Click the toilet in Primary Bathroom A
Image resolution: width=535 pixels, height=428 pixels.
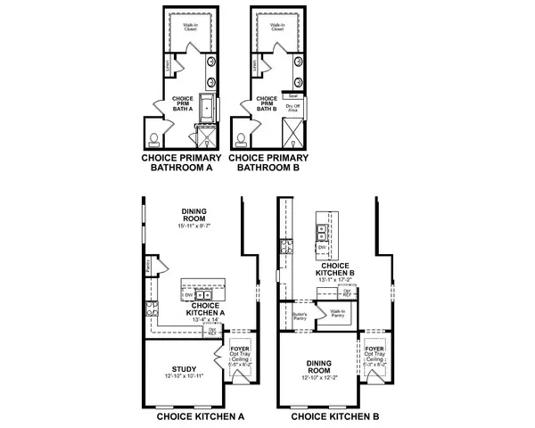(x=154, y=138)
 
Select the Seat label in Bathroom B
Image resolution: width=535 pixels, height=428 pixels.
(x=293, y=95)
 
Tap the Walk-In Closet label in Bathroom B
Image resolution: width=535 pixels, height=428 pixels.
(x=276, y=29)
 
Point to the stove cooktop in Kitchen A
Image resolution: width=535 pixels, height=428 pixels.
(x=153, y=311)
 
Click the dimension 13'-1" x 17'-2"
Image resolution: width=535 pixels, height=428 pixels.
(x=335, y=279)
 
